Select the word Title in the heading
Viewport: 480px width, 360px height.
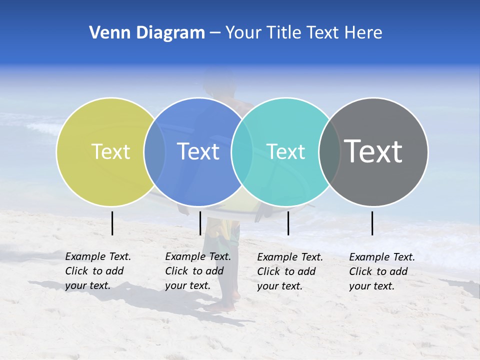[x=285, y=33]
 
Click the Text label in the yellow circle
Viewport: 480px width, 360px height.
[x=110, y=151]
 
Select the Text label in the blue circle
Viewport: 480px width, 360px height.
[x=198, y=151]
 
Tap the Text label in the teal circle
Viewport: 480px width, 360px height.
[x=285, y=151]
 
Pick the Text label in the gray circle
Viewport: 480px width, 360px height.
[x=373, y=151]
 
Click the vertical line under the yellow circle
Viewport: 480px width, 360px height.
[x=112, y=223]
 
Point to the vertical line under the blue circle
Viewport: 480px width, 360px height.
[x=200, y=223]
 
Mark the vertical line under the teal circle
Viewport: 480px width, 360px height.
[x=288, y=223]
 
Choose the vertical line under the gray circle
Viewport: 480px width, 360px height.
[x=372, y=223]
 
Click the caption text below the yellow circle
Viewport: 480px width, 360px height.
[x=97, y=271]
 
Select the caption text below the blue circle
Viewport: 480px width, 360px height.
[x=197, y=271]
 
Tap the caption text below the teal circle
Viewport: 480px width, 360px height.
[x=289, y=271]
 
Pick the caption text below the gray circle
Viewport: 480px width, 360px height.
[x=381, y=271]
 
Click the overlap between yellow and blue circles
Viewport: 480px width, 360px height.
[x=154, y=151]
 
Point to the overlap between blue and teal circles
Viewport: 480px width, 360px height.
[x=242, y=151]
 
